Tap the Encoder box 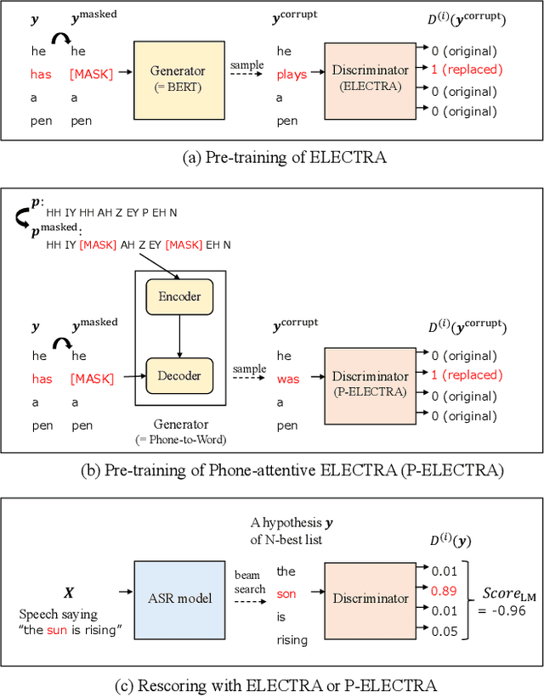179,296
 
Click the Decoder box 179,375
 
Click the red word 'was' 288,379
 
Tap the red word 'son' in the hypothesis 287,593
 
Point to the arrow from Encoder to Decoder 179,335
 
